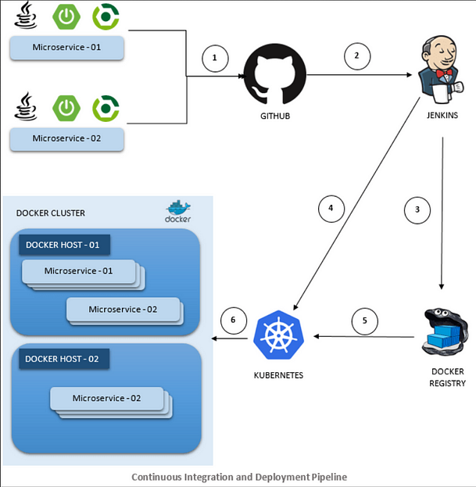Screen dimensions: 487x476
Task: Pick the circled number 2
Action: point(357,56)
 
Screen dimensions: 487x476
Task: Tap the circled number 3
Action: point(417,209)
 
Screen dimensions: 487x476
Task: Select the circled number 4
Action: point(331,208)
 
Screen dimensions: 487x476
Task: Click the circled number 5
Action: point(363,320)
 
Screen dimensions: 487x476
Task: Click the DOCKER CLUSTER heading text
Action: point(51,213)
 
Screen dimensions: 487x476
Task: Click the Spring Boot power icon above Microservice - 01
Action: point(66,16)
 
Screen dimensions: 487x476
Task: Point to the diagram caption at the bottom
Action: point(238,476)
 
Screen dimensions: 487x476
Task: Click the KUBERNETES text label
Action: point(279,375)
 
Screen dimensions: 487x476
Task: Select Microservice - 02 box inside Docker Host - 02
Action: point(107,398)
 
